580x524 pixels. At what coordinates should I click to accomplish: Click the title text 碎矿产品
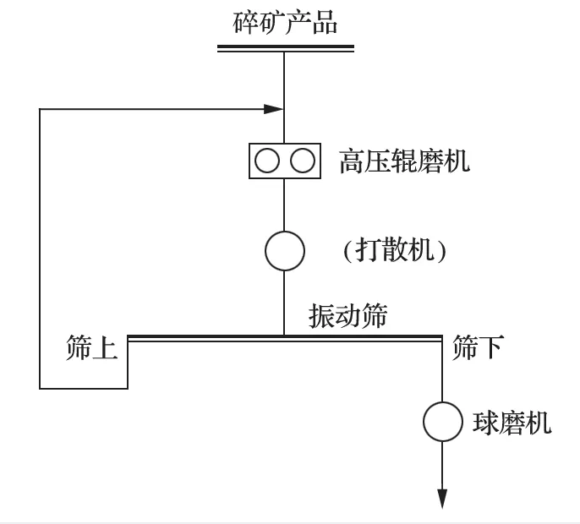pyautogui.click(x=285, y=22)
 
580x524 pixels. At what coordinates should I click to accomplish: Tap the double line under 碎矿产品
pyautogui.click(x=285, y=48)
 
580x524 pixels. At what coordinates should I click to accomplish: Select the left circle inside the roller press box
pyautogui.click(x=267, y=161)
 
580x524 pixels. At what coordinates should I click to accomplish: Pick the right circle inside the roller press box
pyautogui.click(x=303, y=161)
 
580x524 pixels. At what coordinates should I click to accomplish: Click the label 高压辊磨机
pyautogui.click(x=404, y=161)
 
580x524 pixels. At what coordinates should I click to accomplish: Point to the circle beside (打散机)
pyautogui.click(x=285, y=251)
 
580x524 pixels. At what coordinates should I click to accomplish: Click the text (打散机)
pyautogui.click(x=394, y=251)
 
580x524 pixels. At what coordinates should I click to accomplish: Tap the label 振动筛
pyautogui.click(x=347, y=316)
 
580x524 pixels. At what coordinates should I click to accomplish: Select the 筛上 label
pyautogui.click(x=91, y=348)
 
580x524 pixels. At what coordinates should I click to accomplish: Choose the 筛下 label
pyautogui.click(x=478, y=348)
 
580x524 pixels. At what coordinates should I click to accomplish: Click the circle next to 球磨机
pyautogui.click(x=443, y=421)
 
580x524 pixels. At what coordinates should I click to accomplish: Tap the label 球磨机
pyautogui.click(x=512, y=422)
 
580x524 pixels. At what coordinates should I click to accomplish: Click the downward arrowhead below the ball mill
pyautogui.click(x=442, y=499)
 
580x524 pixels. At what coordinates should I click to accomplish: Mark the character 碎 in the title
pyautogui.click(x=245, y=22)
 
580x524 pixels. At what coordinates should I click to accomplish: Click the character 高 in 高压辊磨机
pyautogui.click(x=352, y=161)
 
